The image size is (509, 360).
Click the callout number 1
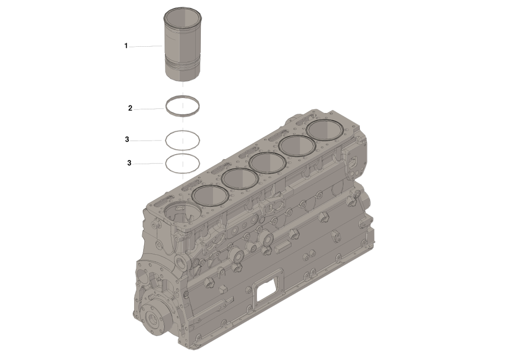click(126, 46)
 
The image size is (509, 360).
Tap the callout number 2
click(130, 108)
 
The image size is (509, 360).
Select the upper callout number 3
click(127, 139)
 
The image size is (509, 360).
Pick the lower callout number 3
click(129, 163)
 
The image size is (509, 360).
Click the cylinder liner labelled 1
click(182, 45)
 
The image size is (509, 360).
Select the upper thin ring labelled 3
click(166, 141)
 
